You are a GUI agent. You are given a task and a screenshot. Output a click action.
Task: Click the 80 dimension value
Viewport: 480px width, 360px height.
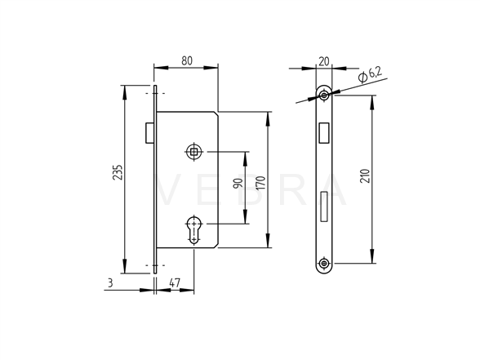click(x=187, y=60)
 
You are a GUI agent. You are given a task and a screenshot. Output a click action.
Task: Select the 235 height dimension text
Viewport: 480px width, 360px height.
click(x=118, y=172)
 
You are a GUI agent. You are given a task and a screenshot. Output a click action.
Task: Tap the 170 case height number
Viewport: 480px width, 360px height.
click(x=261, y=183)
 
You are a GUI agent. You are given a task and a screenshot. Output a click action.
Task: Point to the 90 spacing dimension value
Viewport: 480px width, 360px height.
click(x=238, y=183)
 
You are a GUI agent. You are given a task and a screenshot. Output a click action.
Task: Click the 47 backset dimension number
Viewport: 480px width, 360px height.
click(x=175, y=282)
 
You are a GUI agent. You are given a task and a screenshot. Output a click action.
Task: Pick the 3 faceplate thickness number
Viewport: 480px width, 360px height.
click(x=110, y=282)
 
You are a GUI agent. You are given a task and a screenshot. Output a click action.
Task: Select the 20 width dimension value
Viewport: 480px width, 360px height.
click(x=324, y=61)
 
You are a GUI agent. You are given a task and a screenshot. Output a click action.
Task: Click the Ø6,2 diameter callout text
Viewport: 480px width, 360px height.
click(x=370, y=75)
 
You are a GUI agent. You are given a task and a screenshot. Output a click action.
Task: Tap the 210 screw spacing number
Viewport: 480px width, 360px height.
click(x=365, y=176)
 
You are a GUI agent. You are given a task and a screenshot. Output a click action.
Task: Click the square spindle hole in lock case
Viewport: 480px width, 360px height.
click(x=193, y=151)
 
